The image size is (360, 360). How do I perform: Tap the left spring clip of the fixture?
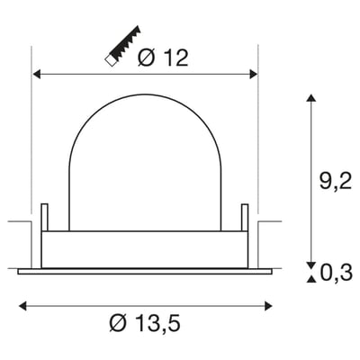tap(44, 218)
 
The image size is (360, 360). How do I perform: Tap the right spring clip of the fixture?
tap(243, 218)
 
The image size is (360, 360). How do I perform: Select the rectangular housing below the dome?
tap(144, 248)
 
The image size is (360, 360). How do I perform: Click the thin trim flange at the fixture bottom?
tap(144, 269)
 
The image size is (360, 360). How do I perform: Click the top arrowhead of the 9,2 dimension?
tap(310, 96)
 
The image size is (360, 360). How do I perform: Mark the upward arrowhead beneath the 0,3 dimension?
tap(310, 280)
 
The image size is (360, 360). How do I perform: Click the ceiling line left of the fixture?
tap(18, 219)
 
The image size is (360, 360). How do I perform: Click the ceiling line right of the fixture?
tap(270, 219)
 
